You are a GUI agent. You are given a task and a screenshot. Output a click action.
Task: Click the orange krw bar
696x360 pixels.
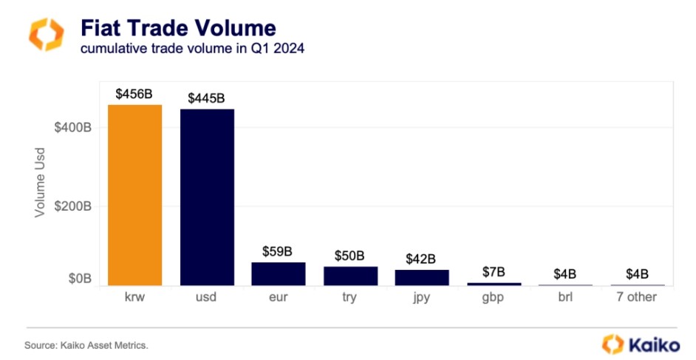tap(135, 195)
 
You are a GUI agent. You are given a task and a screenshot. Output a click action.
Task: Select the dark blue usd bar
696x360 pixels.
tap(207, 197)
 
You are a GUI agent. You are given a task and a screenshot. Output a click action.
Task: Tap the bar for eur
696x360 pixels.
tap(279, 274)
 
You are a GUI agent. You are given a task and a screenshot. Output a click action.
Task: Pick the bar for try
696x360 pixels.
tap(350, 276)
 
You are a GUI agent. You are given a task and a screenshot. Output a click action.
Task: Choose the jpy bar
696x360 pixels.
tap(422, 277)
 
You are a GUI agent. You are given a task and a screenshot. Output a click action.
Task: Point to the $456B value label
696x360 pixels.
tap(134, 94)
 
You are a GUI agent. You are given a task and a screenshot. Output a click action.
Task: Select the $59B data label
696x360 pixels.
tap(279, 251)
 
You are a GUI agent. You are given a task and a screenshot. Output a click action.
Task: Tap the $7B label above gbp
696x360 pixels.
tap(494, 272)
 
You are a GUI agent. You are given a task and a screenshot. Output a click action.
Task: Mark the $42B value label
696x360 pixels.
tap(422, 259)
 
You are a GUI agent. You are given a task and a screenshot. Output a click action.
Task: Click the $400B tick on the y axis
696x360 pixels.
tap(72, 128)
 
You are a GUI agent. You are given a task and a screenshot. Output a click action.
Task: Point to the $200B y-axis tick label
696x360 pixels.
tap(72, 206)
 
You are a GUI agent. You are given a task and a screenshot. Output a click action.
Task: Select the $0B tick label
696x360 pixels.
tap(78, 279)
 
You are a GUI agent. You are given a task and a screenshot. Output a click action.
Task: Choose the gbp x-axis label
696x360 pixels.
tap(494, 298)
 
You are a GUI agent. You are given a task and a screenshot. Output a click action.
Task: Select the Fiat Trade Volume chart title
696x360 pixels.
tap(178, 28)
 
